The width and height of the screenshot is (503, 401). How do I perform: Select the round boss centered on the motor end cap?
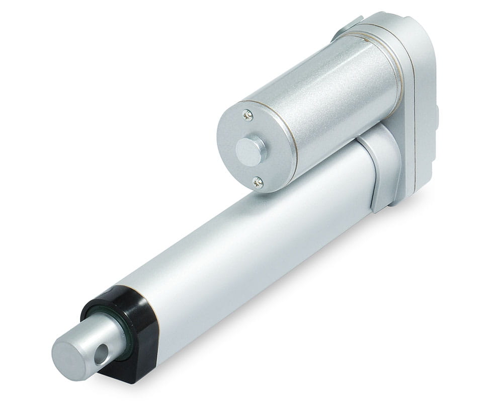(x=250, y=149)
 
